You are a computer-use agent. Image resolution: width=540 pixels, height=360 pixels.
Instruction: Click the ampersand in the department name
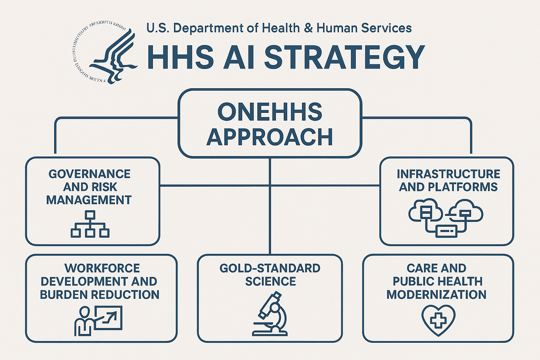(308, 28)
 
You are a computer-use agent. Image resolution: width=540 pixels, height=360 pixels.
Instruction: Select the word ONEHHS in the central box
(270, 112)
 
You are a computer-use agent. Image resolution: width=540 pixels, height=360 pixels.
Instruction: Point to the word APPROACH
(270, 137)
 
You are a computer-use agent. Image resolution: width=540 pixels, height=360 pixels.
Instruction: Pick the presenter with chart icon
(98, 320)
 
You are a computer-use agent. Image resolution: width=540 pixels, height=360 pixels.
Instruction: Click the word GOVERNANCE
(89, 174)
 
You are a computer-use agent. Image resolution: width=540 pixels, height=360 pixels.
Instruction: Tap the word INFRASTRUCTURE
(448, 174)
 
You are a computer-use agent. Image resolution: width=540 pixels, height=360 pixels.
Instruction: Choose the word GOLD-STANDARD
(270, 268)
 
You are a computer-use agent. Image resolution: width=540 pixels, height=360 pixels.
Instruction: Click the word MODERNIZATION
(436, 295)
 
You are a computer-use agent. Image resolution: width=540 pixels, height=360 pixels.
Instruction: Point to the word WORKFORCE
(102, 268)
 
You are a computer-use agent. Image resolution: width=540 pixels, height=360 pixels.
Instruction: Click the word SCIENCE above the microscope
(270, 281)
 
